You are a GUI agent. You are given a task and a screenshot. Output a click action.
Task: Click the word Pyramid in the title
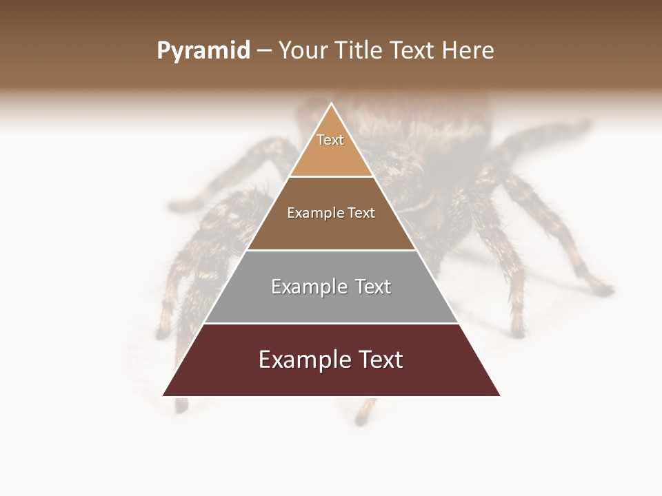coord(203,51)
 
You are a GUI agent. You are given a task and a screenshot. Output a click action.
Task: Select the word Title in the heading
coord(361,51)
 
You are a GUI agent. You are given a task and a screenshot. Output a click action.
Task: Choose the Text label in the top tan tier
coord(330,140)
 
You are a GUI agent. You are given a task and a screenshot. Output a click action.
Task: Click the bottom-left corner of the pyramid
coord(163,396)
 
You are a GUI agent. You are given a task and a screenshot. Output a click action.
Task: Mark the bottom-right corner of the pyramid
coord(501,396)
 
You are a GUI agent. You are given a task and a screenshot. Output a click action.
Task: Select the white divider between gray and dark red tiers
coord(331,323)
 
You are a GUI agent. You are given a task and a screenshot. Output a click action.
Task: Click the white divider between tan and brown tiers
coord(331,176)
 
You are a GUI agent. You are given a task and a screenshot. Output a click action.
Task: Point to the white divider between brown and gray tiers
coord(331,249)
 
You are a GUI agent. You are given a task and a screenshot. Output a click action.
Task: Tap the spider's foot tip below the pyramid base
coord(361,420)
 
